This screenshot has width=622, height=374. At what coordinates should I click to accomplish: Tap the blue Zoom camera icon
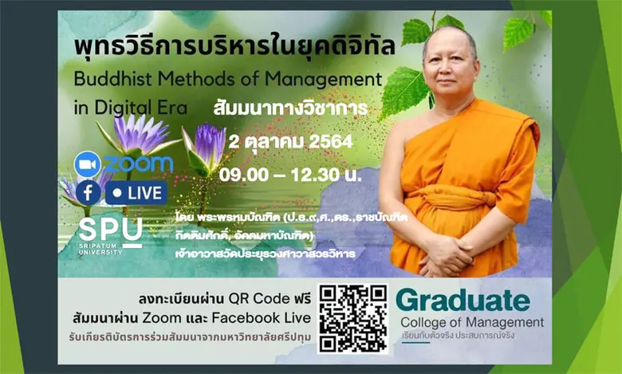(87, 163)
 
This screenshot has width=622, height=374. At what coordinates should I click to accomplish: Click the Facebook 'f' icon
(88, 193)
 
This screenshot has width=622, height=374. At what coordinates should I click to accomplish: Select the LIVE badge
(136, 193)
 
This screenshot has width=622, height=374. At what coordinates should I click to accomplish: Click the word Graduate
(463, 301)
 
